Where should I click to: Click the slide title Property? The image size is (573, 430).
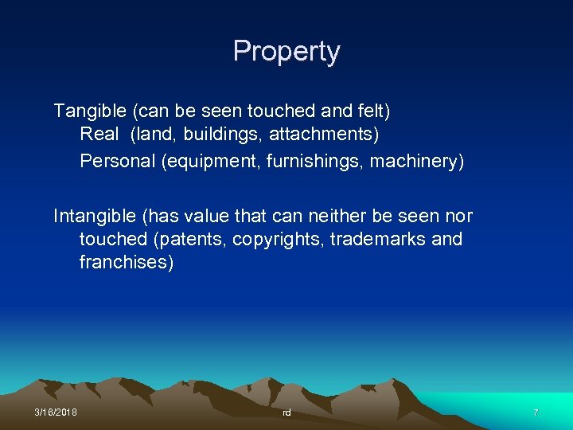pos(286,52)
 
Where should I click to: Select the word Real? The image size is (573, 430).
pos(98,135)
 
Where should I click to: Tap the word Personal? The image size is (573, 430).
pos(117,160)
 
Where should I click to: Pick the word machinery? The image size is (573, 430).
pos(419,160)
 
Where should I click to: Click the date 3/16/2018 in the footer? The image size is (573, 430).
pos(56,412)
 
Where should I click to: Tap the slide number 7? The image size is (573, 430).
pos(536,412)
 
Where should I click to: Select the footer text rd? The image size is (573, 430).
pos(286,412)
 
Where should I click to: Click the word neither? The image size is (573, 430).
pos(341,216)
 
